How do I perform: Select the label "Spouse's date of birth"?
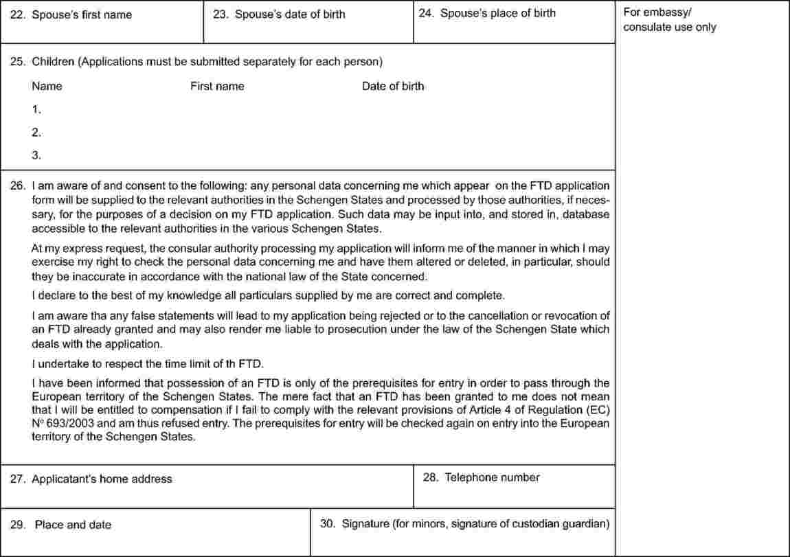[x=290, y=14]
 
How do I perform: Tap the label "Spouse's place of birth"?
[x=497, y=13]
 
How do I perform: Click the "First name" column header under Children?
[x=217, y=87]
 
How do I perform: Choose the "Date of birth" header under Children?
[x=393, y=87]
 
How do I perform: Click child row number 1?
[x=36, y=109]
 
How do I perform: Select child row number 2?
[x=36, y=132]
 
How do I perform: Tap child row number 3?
[x=36, y=155]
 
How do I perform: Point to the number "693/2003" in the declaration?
[x=66, y=423]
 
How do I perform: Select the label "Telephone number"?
[x=492, y=477]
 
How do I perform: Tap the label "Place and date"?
[x=73, y=525]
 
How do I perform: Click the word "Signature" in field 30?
[x=365, y=524]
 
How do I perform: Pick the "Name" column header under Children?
[x=47, y=87]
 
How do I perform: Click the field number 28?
[x=430, y=477]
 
